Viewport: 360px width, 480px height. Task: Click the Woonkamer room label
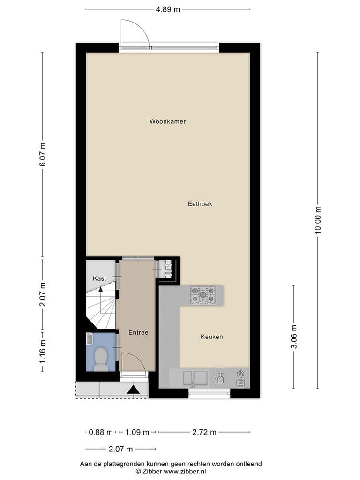coord(167,121)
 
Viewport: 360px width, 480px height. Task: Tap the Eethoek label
coord(200,204)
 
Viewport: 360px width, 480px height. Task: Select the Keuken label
coord(211,337)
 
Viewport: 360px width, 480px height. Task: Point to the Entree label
coord(138,332)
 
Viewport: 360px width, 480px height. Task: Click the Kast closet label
coord(99,278)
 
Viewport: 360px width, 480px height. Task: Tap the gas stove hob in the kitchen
coord(203,295)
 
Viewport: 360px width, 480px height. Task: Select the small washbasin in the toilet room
coord(90,338)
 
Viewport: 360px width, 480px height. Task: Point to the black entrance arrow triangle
coord(134,390)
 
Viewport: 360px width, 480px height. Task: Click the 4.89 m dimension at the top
coord(168,9)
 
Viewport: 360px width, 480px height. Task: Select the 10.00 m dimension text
coord(318,220)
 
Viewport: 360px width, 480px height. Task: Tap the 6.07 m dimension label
coord(43,155)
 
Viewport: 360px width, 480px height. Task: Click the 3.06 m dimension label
coord(294,337)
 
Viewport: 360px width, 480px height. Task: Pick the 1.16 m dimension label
coord(43,352)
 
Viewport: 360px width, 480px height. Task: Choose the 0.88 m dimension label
coord(101,432)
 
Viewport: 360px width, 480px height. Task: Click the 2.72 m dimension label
coord(204,432)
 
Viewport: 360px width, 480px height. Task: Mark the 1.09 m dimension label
coord(137,432)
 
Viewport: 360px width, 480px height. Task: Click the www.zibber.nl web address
coord(185,472)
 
